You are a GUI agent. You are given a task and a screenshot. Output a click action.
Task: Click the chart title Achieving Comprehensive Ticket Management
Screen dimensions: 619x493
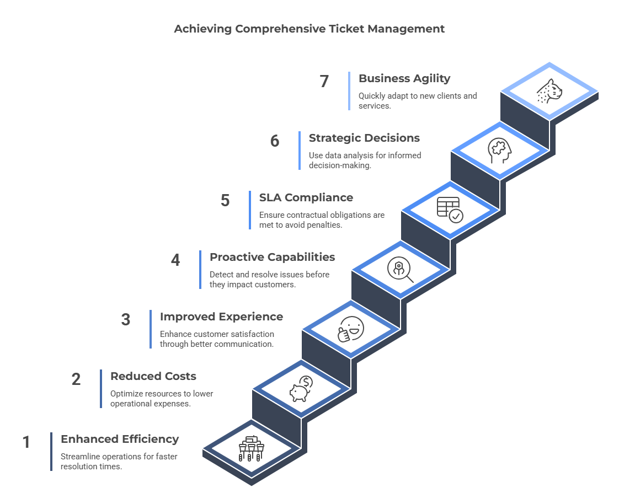click(x=309, y=29)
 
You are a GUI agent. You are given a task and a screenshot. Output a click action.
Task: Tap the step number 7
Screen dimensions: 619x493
click(x=324, y=81)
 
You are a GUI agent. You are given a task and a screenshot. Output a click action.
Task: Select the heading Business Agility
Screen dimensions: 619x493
click(x=404, y=78)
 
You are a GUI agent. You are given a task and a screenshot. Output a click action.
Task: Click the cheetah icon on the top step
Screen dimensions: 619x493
click(x=549, y=91)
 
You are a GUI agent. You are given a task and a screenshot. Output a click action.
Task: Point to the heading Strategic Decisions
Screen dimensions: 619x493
click(x=364, y=138)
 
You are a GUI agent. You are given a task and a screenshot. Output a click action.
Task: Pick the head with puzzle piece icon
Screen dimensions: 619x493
click(x=499, y=151)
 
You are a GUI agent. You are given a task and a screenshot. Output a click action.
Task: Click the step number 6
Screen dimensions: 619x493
click(x=275, y=141)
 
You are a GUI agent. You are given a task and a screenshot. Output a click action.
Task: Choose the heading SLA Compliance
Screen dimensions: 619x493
click(x=306, y=197)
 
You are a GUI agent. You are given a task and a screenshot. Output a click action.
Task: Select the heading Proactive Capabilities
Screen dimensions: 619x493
click(x=272, y=257)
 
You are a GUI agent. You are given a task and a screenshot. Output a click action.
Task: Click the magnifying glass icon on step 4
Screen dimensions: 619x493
click(x=401, y=270)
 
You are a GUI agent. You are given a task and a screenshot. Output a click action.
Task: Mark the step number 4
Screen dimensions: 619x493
click(x=175, y=260)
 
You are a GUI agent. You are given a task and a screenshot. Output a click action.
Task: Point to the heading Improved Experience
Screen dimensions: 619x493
click(x=221, y=317)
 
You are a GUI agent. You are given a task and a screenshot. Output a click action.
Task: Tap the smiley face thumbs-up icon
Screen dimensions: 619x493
click(x=350, y=329)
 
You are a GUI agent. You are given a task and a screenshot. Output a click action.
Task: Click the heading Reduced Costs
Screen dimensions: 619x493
click(x=153, y=376)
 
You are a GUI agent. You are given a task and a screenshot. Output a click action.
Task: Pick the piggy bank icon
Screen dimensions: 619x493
click(x=301, y=389)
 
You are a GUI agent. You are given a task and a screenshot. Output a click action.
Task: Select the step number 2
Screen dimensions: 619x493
click(x=76, y=379)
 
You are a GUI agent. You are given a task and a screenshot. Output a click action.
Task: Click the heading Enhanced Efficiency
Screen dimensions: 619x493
click(x=120, y=440)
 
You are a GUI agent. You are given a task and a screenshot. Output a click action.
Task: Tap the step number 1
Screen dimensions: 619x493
click(x=26, y=442)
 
